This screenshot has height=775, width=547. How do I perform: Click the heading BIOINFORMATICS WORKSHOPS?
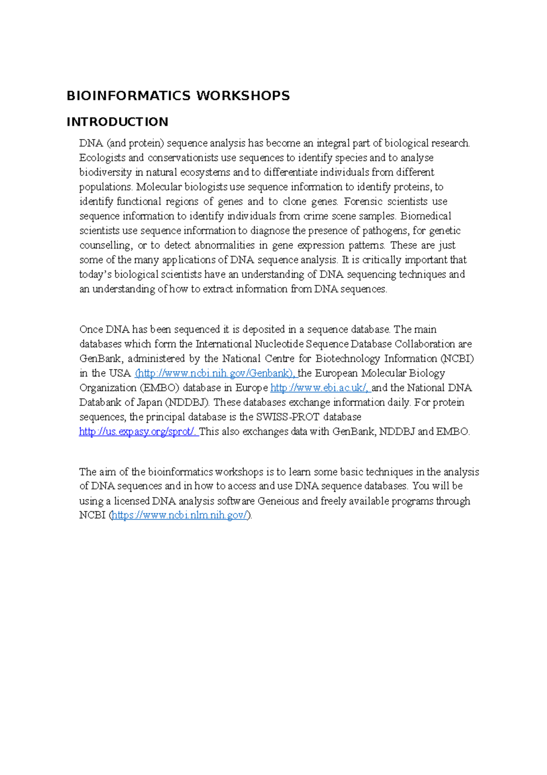coord(178,96)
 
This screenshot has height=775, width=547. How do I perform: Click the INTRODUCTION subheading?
coord(117,122)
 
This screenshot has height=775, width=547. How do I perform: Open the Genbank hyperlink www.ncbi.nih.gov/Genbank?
coord(215,373)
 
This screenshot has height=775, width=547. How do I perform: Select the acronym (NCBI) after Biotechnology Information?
coord(457,359)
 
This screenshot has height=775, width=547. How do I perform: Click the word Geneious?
coord(278,501)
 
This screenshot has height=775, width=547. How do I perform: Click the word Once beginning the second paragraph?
coord(91,330)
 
